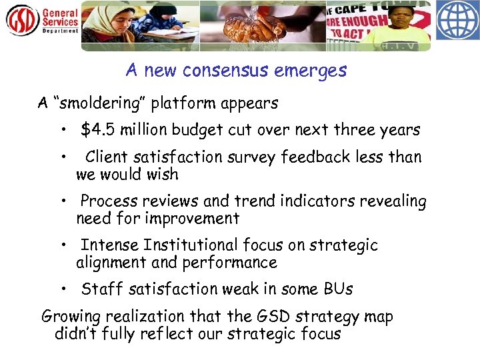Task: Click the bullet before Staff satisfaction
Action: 62,289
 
